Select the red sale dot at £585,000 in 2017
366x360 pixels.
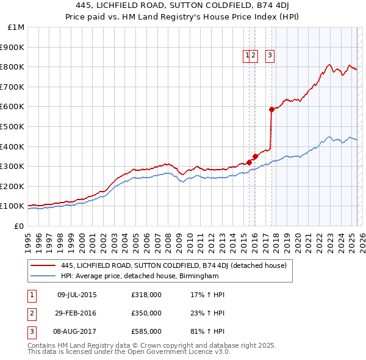point(271,109)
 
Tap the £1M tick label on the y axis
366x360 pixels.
point(16,27)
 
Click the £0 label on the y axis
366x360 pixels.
point(19,226)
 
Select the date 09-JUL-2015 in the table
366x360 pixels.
point(77,295)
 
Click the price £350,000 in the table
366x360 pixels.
point(146,313)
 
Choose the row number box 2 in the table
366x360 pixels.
point(31,313)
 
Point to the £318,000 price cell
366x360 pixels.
point(146,295)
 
